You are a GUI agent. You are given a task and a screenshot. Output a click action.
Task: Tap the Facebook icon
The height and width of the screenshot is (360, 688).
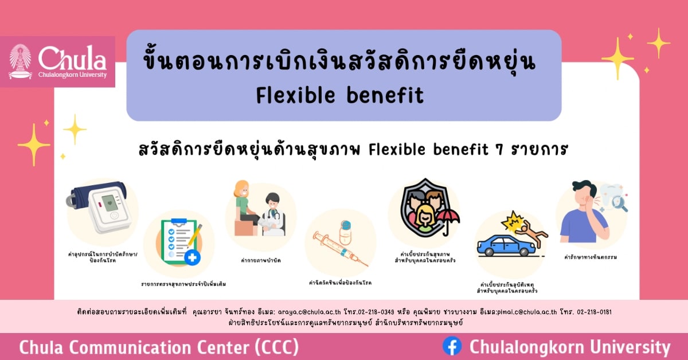[452, 346]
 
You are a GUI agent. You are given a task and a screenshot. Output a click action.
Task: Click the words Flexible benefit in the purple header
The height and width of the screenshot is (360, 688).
[340, 95]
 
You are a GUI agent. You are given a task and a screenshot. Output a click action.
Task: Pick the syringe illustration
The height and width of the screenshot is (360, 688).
[338, 248]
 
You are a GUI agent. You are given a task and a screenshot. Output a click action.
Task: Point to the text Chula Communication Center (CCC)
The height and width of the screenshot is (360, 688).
[158, 347]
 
